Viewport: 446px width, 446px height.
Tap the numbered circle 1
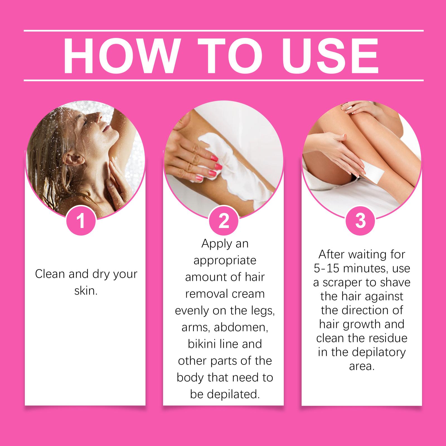click(81, 221)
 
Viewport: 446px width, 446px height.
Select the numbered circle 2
click(224, 221)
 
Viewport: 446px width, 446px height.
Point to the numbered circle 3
click(360, 221)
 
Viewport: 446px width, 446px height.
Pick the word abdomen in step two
click(241, 328)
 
